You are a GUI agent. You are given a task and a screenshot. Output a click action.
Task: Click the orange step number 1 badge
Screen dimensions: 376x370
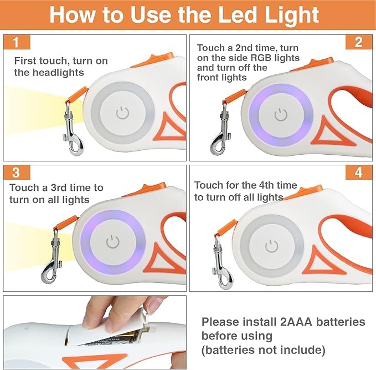pyautogui.click(x=17, y=42)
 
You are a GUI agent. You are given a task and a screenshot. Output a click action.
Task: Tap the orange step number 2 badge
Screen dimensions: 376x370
pyautogui.click(x=359, y=42)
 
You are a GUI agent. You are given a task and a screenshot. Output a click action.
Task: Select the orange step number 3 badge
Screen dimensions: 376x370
pyautogui.click(x=17, y=173)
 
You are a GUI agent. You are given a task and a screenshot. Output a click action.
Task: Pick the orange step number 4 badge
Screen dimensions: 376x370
pyautogui.click(x=359, y=173)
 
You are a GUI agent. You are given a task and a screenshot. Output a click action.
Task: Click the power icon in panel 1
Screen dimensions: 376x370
pyautogui.click(x=122, y=113)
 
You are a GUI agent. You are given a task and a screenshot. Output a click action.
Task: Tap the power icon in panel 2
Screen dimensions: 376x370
pyautogui.click(x=281, y=114)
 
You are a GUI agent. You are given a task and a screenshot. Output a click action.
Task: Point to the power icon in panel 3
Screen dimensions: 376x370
pyautogui.click(x=113, y=242)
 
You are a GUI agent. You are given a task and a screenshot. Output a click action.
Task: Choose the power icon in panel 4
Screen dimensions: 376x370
pyautogui.click(x=272, y=246)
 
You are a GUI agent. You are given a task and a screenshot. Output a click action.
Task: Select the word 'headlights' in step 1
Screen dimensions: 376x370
pyautogui.click(x=58, y=73)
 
